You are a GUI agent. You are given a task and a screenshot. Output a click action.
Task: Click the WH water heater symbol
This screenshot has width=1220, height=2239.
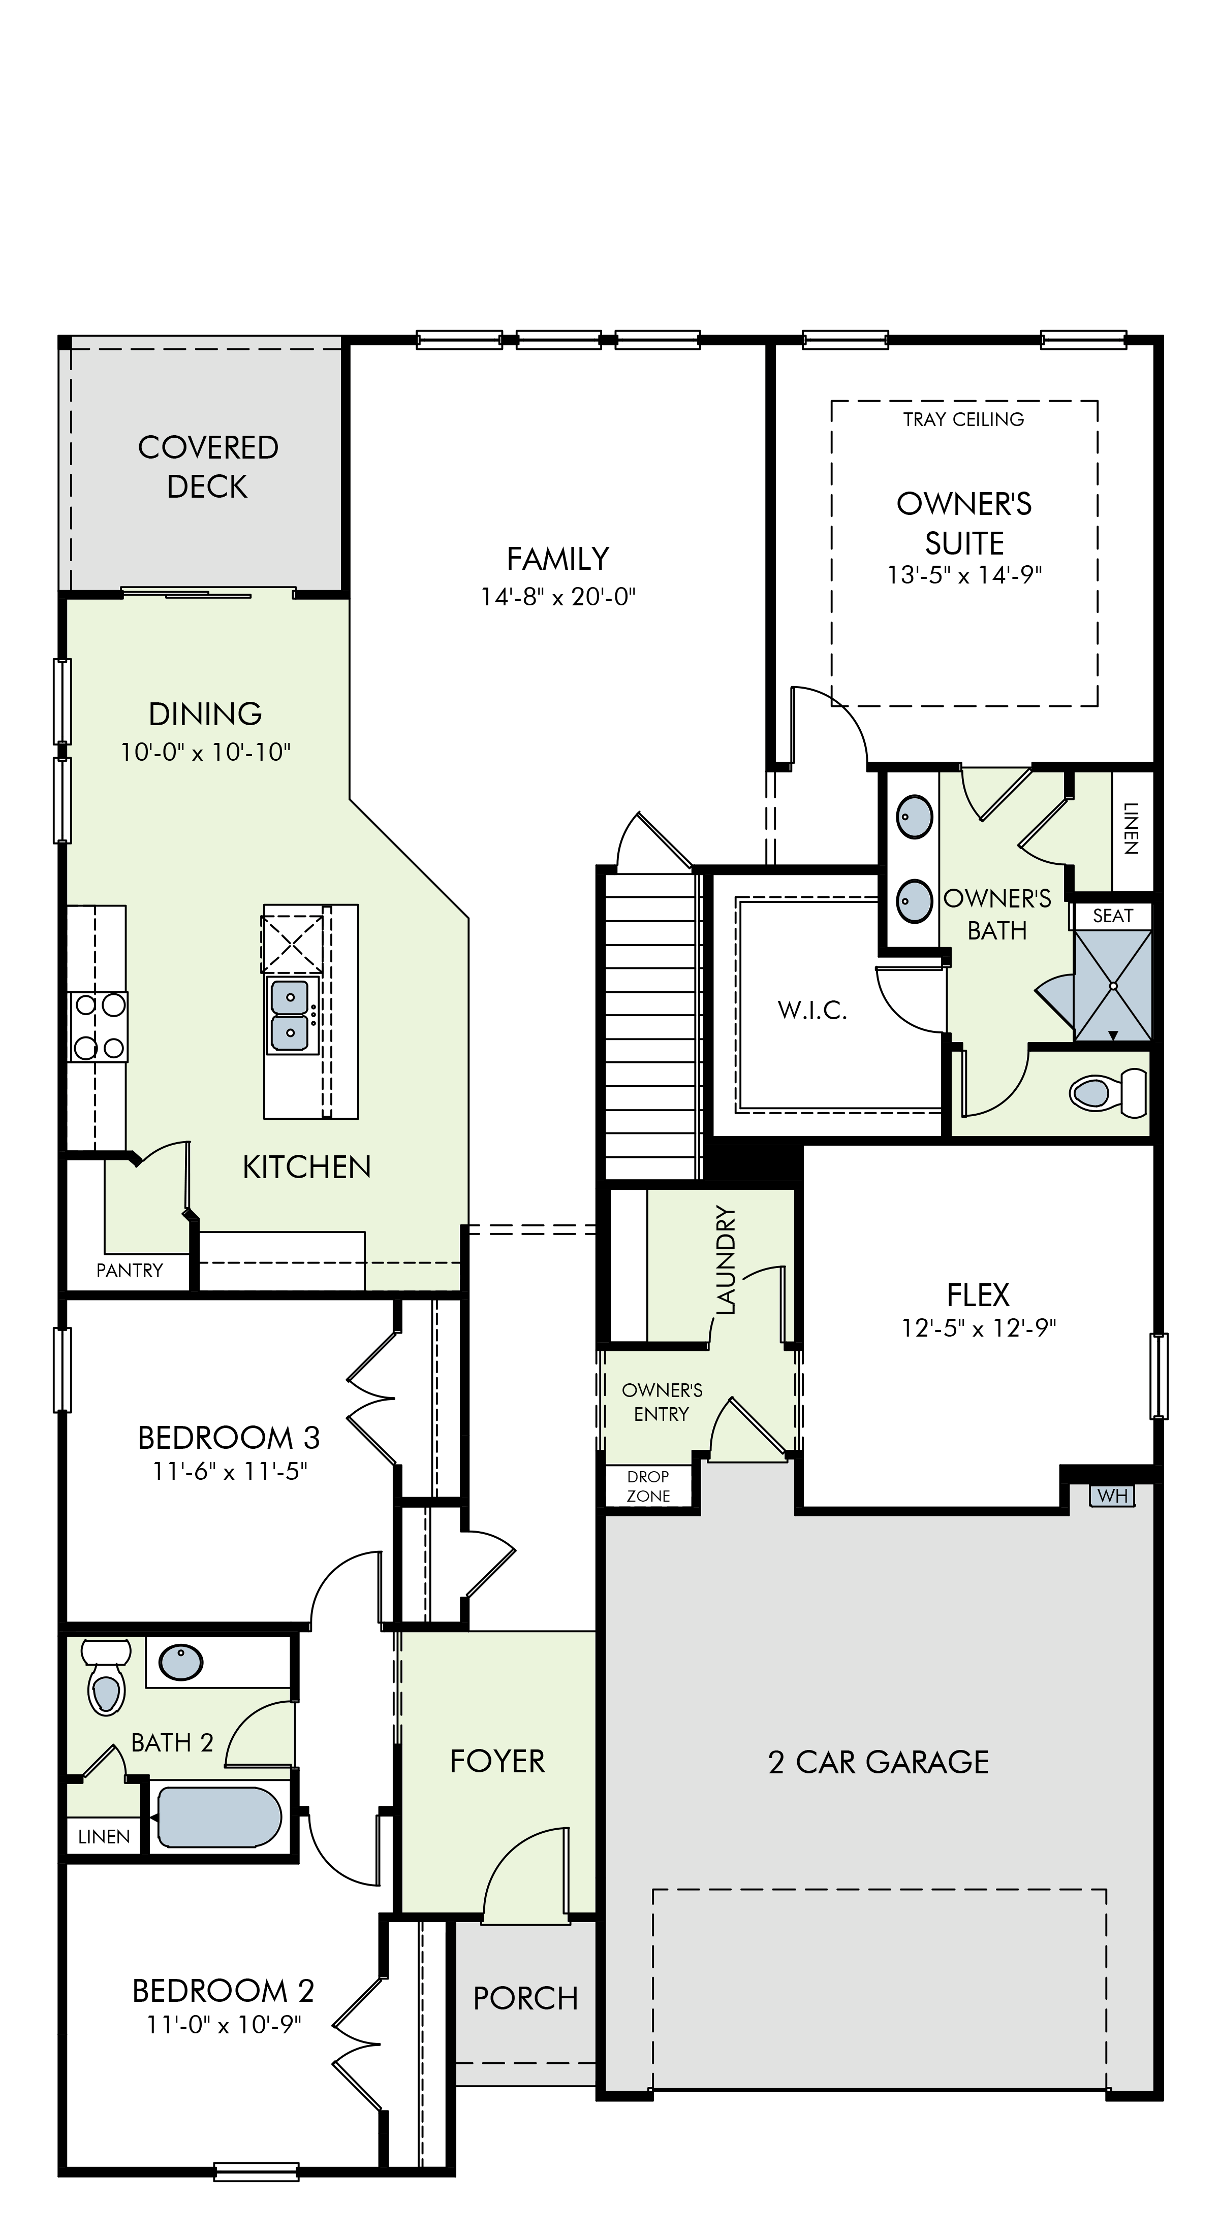coord(1112,1495)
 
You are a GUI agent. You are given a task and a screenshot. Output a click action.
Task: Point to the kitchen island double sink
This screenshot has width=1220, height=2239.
coord(291,1014)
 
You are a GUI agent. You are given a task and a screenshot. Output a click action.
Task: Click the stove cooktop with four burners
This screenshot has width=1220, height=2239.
coord(98,1026)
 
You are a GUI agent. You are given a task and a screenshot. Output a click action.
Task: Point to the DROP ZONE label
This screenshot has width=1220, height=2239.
coord(649,1486)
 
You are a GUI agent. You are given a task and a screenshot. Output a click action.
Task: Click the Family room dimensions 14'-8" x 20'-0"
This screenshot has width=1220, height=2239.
coord(558,597)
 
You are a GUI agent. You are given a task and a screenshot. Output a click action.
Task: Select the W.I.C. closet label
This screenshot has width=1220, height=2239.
coord(812,1010)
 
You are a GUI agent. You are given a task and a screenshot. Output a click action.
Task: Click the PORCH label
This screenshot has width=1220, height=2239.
coord(525,1999)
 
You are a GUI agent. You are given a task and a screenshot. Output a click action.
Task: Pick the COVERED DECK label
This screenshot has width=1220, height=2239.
coord(208,467)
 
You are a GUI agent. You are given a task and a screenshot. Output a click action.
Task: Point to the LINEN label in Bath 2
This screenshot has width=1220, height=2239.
coord(104,1837)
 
